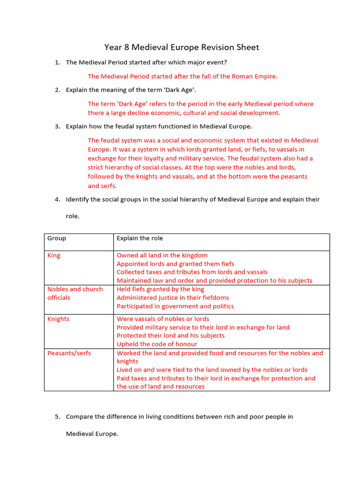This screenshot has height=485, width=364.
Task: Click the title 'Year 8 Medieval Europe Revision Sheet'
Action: (182, 47)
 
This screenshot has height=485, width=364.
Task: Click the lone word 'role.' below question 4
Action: (73, 216)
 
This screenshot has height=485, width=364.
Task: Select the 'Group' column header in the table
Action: (57, 238)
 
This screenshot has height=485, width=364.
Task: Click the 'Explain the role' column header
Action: (140, 238)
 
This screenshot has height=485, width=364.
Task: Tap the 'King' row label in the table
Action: (54, 255)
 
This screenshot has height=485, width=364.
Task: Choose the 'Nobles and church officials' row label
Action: (75, 293)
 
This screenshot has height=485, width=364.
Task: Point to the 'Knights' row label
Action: (58, 319)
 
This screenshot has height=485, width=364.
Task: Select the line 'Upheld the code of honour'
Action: (157, 344)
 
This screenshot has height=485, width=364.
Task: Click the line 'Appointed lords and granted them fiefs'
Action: (175, 264)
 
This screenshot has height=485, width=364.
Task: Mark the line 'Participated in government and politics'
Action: (175, 306)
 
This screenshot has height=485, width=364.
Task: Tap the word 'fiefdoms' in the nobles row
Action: (213, 297)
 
